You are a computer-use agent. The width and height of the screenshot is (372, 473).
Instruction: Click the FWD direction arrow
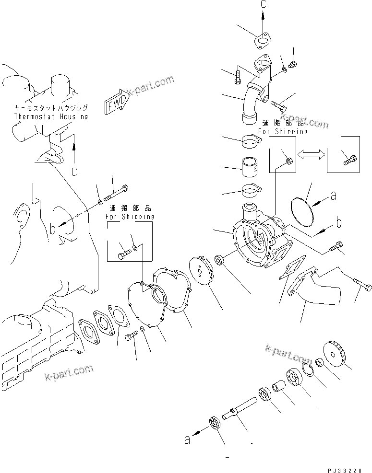[115, 103]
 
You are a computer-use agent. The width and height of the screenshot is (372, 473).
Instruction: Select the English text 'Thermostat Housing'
[50, 116]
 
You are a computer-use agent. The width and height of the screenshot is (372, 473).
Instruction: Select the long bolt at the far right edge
[361, 287]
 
